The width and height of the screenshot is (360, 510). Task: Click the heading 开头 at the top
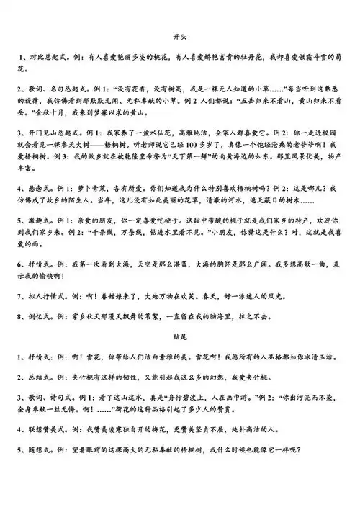click(180, 34)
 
